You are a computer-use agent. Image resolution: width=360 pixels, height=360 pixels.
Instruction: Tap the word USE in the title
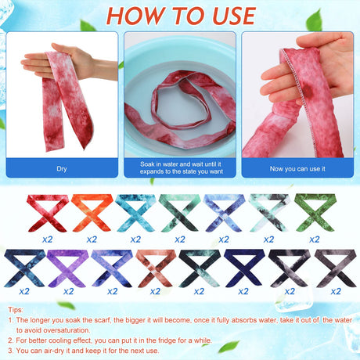coord(234,16)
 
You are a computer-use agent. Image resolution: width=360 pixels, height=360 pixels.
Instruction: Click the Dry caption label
coord(62,169)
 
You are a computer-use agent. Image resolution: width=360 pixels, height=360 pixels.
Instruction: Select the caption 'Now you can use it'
coord(297,169)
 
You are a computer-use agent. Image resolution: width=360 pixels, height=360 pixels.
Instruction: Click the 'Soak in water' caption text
coord(182,167)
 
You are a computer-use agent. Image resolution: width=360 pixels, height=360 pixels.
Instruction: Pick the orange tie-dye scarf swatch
coord(92,213)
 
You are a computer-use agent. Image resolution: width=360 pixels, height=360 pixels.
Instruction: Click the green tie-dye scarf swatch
coord(315,212)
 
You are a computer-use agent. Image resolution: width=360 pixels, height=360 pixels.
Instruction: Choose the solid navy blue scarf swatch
coord(243,268)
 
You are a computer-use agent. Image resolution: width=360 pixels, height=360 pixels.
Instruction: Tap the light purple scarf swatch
coord(67,268)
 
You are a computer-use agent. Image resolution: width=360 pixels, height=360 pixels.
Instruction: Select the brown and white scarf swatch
coord(156,268)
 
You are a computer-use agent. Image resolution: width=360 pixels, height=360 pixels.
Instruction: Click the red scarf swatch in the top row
coord(47,213)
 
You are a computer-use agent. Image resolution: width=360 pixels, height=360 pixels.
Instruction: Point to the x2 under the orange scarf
coord(92,239)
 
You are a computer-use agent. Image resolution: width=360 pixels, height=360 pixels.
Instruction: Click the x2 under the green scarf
coord(315,239)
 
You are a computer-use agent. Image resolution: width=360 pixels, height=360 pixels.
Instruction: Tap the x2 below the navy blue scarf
coord(243,291)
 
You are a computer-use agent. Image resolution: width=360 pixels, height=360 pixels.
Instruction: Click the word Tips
coord(16,310)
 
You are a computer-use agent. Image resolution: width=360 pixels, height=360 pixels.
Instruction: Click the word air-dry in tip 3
coord(54,351)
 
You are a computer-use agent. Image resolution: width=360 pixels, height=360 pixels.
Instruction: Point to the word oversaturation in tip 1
coord(67,330)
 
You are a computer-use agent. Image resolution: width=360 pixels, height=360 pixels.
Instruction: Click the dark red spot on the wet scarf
coord(308,91)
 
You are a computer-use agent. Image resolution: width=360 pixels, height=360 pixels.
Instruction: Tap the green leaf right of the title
coord(314,20)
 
